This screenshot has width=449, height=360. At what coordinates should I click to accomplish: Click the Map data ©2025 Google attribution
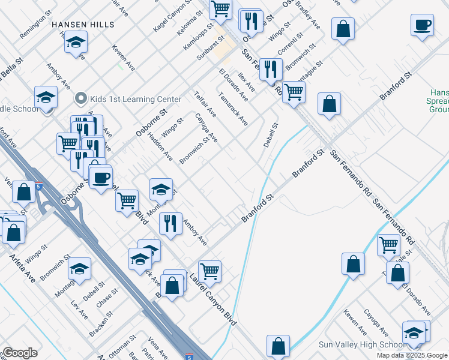pos(412,355)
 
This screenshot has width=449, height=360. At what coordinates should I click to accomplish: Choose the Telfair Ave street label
pos(205,103)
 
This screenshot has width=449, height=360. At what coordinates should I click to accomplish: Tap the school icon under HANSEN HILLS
pos(76,43)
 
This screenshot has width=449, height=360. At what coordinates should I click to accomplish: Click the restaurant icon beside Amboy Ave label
pos(170,223)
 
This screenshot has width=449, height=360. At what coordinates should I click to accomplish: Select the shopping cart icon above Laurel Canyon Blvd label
pos(209,271)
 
